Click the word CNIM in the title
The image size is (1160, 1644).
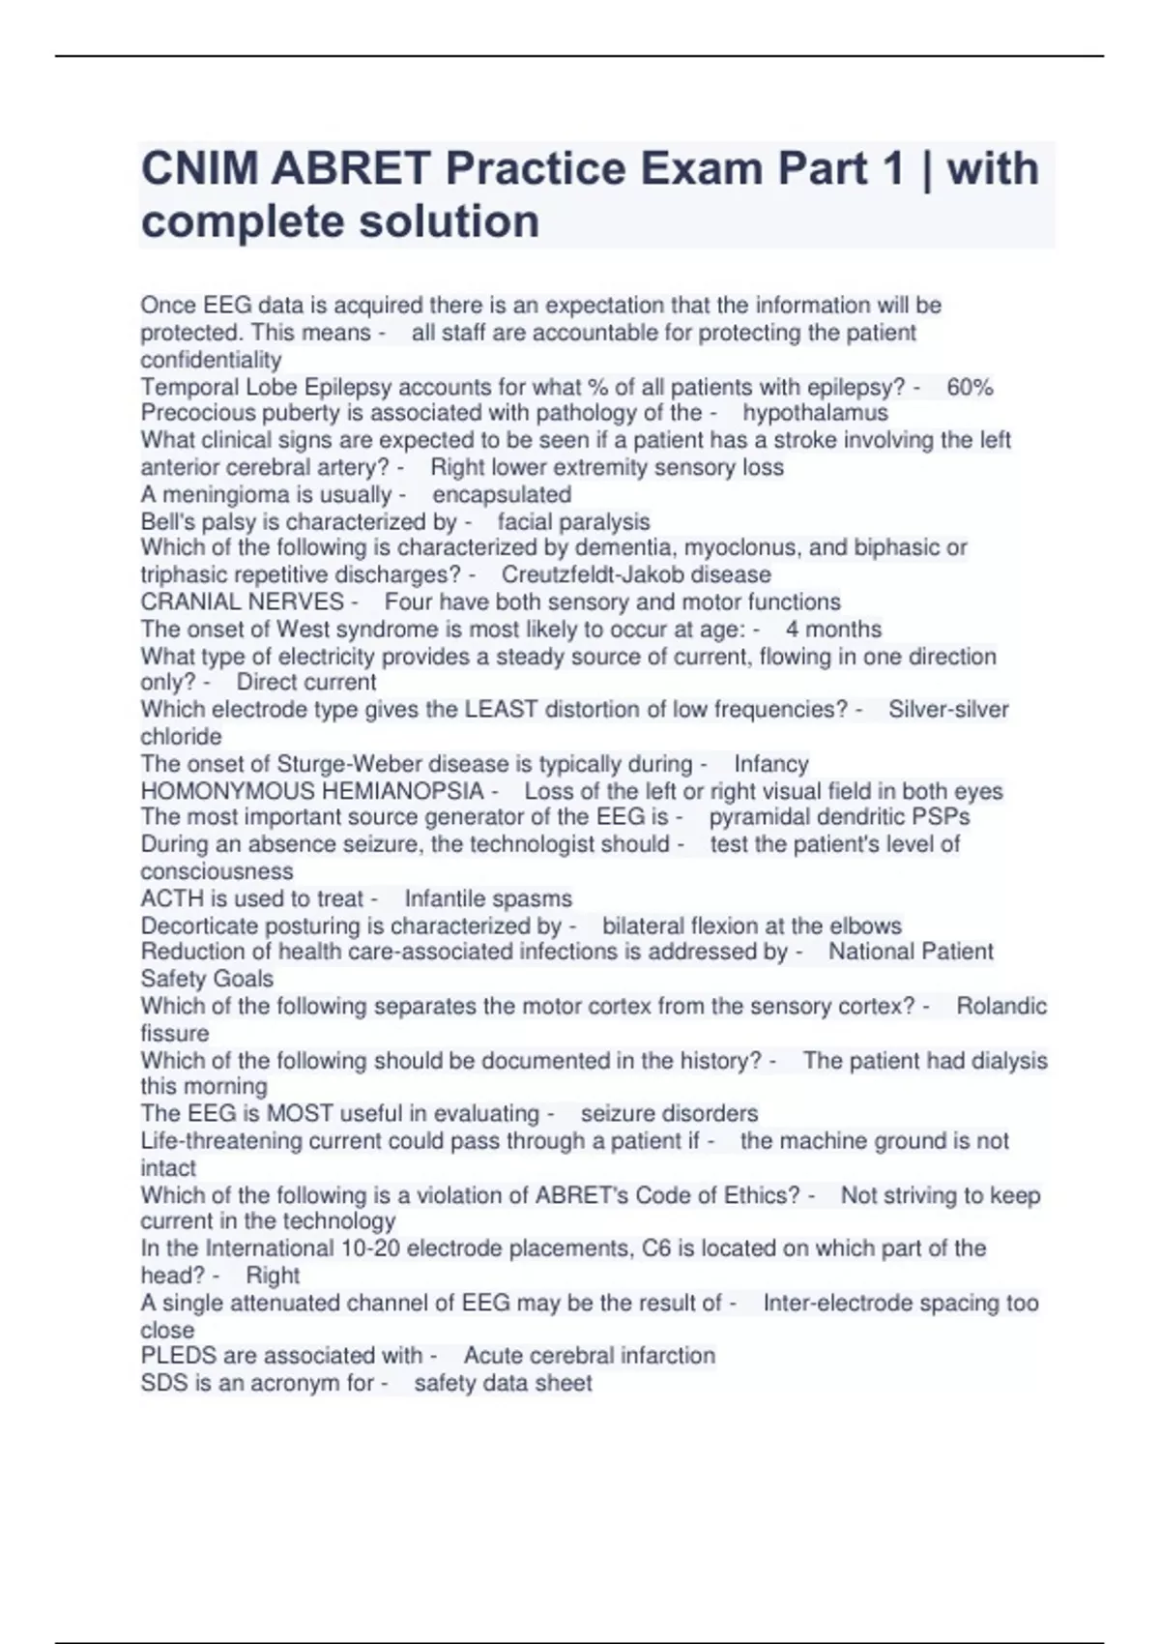pos(199,169)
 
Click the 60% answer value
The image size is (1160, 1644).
pos(970,387)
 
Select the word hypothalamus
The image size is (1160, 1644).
pos(815,413)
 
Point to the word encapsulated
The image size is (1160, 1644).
pos(502,494)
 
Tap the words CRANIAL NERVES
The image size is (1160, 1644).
pos(242,602)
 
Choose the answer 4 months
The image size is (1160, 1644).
pos(833,629)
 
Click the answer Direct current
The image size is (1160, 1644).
pos(306,682)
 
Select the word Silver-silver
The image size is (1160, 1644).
pos(947,709)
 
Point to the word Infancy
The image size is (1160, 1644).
pos(770,764)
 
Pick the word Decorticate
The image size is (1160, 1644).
pos(199,925)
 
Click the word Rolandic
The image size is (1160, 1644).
pos(1000,1006)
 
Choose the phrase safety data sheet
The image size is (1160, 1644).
pos(503,1383)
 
